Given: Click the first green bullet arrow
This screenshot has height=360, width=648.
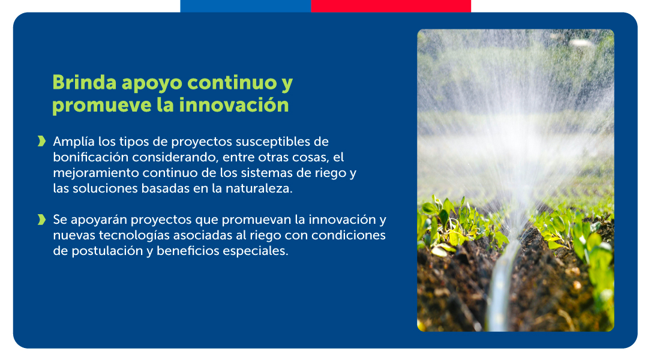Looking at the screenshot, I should (41, 142).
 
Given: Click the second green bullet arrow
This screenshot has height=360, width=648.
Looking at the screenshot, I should (41, 220).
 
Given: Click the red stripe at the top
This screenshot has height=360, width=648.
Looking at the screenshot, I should (391, 6).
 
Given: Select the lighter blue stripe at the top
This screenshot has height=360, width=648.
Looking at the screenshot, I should (245, 6).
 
